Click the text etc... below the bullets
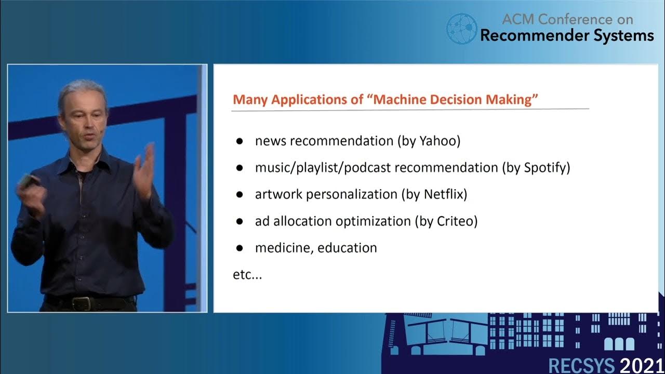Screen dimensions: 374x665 [247, 275]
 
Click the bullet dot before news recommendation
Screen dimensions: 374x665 [240, 141]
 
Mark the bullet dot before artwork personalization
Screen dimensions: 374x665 [240, 195]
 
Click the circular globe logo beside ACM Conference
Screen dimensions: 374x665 [461, 29]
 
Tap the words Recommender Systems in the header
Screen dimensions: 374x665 [567, 35]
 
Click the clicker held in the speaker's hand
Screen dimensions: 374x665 [26, 182]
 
